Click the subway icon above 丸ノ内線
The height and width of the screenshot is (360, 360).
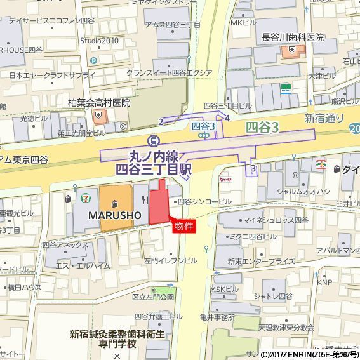pos(153,140)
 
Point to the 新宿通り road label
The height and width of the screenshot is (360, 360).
pos(324,117)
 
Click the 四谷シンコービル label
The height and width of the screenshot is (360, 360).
pos(204,202)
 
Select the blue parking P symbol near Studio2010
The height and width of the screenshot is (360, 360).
pos(93,60)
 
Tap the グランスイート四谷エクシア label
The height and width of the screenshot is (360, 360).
pos(168,73)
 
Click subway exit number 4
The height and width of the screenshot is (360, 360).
pos(227,117)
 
